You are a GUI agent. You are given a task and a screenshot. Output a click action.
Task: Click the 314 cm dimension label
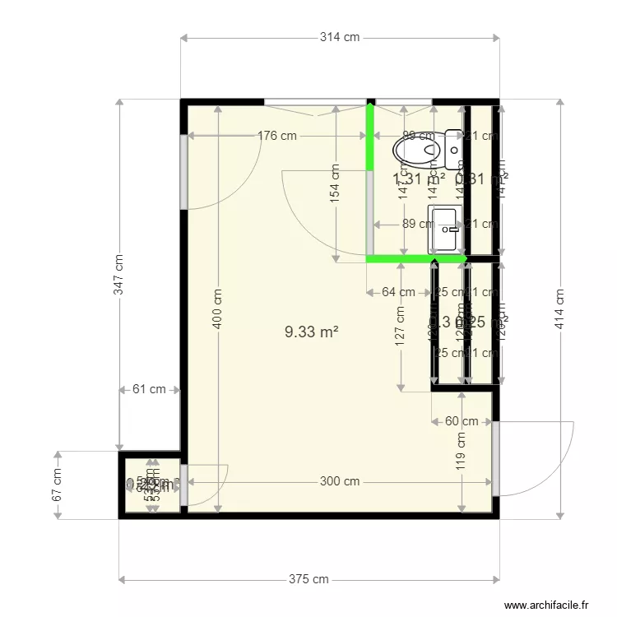tap(340, 38)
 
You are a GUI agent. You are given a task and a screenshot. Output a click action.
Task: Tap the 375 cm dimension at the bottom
tap(308, 579)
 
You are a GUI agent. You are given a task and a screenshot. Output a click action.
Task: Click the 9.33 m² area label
tap(312, 332)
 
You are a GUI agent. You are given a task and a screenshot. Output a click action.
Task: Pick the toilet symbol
tap(420, 149)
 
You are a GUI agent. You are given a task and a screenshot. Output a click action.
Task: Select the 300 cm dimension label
tap(340, 482)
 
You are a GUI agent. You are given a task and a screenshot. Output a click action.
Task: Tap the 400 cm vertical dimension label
tap(217, 308)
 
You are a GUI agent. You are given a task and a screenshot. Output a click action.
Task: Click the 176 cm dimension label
tap(276, 137)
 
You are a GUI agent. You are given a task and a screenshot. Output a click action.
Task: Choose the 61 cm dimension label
tap(149, 390)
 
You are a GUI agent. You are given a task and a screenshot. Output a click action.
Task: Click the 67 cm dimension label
tap(58, 485)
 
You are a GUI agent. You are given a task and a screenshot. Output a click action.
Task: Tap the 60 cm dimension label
tap(462, 421)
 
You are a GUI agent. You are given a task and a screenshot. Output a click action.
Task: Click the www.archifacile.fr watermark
tap(547, 604)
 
